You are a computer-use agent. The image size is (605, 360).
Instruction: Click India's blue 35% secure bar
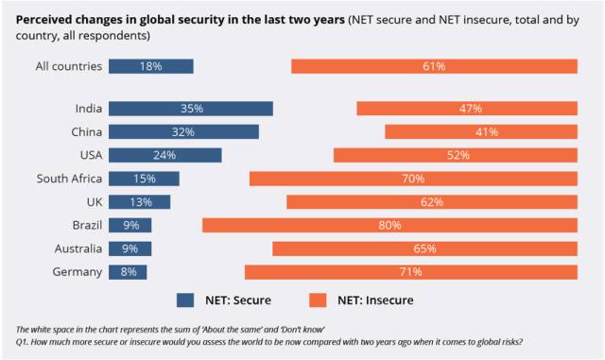191,109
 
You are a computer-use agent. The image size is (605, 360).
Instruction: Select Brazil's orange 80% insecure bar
389,225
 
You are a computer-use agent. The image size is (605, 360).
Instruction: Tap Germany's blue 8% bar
128,272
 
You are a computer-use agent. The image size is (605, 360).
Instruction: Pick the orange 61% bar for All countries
434,66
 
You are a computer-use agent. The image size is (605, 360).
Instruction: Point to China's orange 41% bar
481,132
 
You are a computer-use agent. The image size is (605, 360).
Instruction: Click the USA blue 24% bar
165,155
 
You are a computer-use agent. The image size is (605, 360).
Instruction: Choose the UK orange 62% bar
432,202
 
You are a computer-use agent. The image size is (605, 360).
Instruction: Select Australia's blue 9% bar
130,249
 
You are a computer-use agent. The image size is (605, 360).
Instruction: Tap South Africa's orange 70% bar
413,179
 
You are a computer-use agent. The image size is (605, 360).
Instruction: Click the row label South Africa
69,179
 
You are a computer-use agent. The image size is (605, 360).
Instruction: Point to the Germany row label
78,272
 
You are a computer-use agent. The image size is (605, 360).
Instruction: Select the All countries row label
69,66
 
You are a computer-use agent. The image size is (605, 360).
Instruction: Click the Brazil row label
87,225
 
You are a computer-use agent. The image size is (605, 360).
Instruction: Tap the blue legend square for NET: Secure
185,300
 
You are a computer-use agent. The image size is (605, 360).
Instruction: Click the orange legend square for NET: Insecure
318,300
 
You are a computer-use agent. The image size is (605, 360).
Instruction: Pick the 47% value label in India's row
471,109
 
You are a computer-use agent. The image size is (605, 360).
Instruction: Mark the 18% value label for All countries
150,66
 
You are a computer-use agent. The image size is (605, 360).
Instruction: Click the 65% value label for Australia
424,249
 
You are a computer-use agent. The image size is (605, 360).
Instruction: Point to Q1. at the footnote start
22,342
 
